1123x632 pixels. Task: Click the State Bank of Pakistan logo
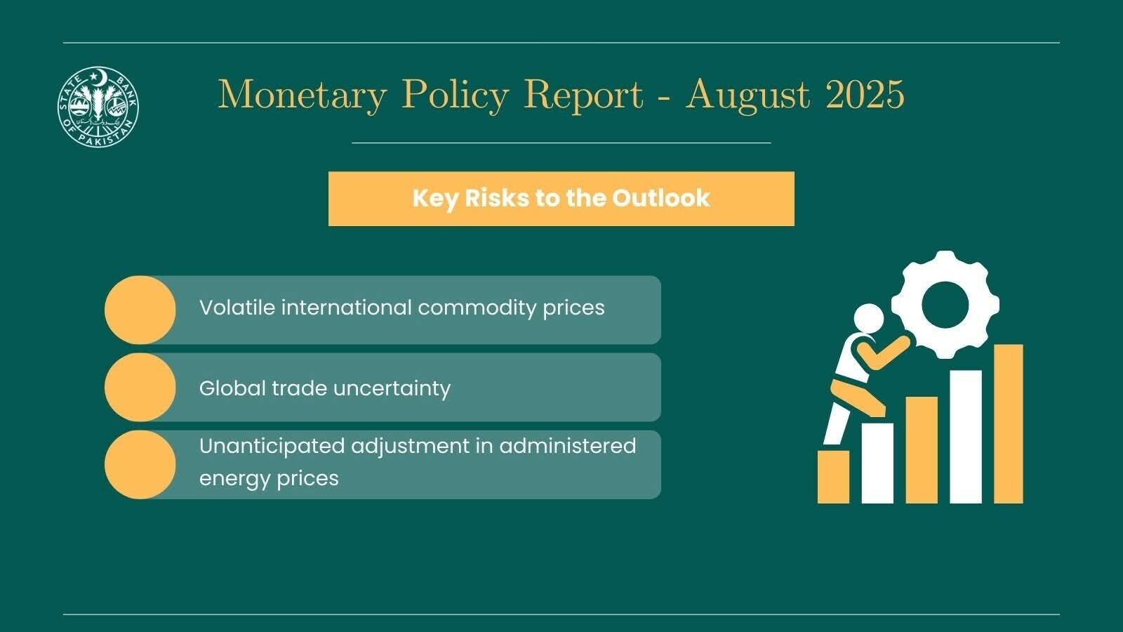pos(98,107)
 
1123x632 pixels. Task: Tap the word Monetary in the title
pos(303,95)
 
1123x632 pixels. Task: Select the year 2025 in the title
pos(865,95)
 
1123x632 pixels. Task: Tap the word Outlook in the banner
pos(661,198)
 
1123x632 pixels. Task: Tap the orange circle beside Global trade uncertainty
pos(140,388)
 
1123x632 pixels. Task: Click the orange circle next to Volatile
pos(140,310)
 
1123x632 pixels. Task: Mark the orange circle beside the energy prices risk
pos(140,465)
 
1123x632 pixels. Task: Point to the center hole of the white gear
pos(945,304)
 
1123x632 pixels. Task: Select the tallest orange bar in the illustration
pos(1008,423)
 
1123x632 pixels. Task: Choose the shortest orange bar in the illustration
pos(833,477)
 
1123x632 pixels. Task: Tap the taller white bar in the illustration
pos(965,436)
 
